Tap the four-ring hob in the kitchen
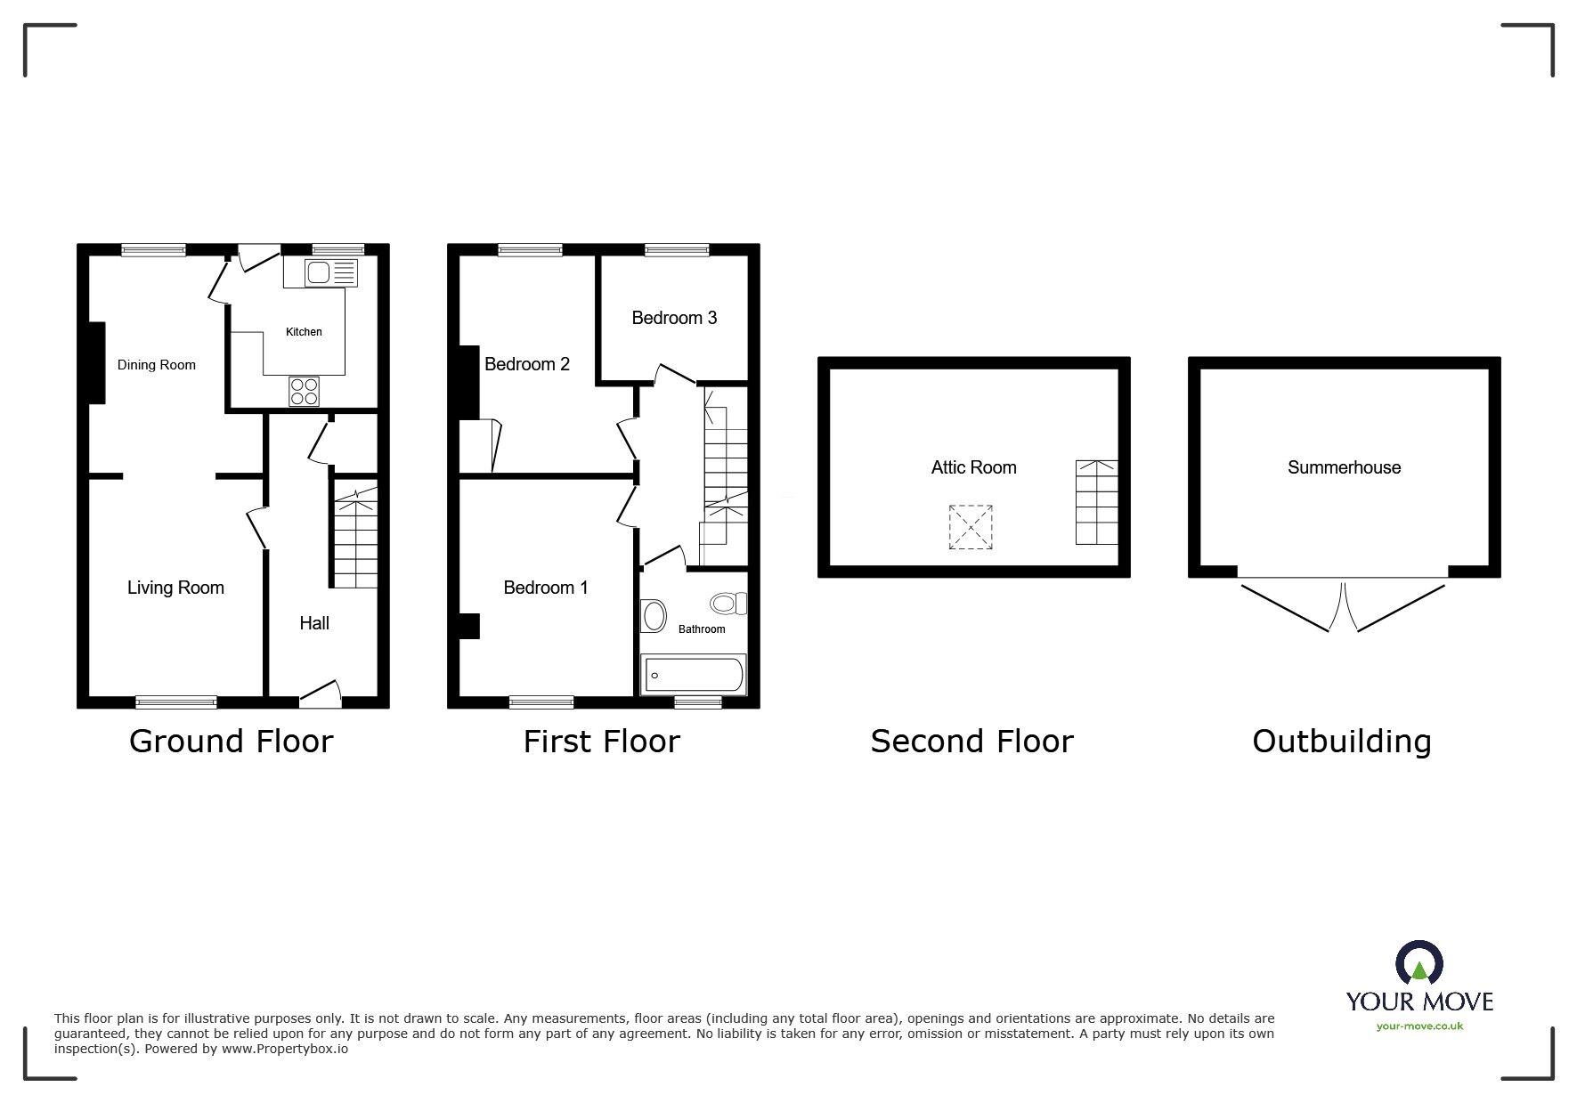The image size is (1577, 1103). (304, 392)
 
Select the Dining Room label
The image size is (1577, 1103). (157, 365)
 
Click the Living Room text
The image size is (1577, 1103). (175, 588)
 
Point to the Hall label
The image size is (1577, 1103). (314, 623)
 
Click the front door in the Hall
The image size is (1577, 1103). (321, 695)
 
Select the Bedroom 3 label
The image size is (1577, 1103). (674, 318)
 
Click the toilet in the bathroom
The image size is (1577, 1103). (728, 604)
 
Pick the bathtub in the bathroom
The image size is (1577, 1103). (693, 676)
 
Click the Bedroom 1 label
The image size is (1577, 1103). (546, 588)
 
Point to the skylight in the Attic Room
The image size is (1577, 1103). (970, 527)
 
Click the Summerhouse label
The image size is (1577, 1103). (1344, 467)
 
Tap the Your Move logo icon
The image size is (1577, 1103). (1419, 962)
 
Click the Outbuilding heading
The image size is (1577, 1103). (1341, 741)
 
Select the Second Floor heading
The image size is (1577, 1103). (971, 741)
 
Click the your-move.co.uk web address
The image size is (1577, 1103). (1419, 1026)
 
